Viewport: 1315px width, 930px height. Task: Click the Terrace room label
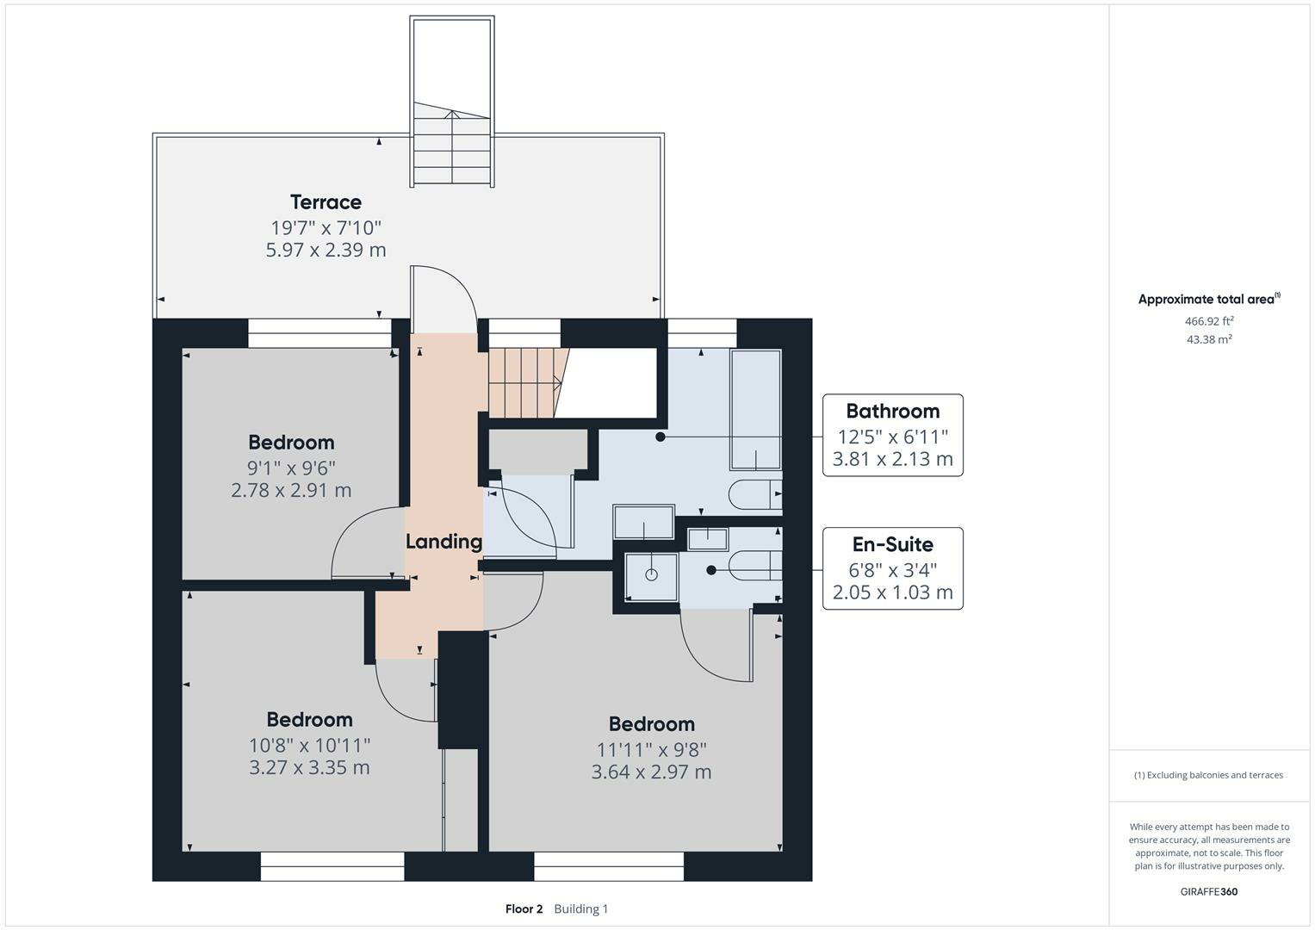pyautogui.click(x=326, y=202)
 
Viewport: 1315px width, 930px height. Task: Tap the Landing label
pyautogui.click(x=444, y=542)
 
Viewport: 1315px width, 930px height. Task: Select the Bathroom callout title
pyautogui.click(x=892, y=411)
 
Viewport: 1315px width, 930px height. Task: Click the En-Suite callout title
pyautogui.click(x=892, y=544)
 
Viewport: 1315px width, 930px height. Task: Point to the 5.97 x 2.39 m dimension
pyautogui.click(x=326, y=250)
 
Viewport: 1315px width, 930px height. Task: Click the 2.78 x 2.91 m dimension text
pyautogui.click(x=291, y=490)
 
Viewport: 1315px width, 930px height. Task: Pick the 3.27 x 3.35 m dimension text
pyautogui.click(x=309, y=767)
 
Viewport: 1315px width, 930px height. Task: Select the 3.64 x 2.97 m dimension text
pyautogui.click(x=651, y=772)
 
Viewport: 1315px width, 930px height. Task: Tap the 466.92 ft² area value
pyautogui.click(x=1209, y=321)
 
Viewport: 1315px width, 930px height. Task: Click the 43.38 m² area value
pyautogui.click(x=1209, y=339)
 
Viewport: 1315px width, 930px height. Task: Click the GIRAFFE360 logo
pyautogui.click(x=1209, y=891)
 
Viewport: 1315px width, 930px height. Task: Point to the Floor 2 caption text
pyautogui.click(x=524, y=908)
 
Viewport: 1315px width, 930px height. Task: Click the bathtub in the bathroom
pyautogui.click(x=755, y=409)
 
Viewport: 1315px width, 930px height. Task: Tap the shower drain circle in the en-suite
pyautogui.click(x=651, y=575)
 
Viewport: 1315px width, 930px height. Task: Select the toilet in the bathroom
pyautogui.click(x=755, y=494)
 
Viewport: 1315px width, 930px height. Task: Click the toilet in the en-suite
pyautogui.click(x=755, y=566)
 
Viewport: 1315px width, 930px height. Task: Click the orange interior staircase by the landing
pyautogui.click(x=525, y=383)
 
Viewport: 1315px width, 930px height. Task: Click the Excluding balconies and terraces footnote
pyautogui.click(x=1209, y=775)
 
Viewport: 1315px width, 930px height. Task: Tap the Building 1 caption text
pyautogui.click(x=580, y=908)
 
